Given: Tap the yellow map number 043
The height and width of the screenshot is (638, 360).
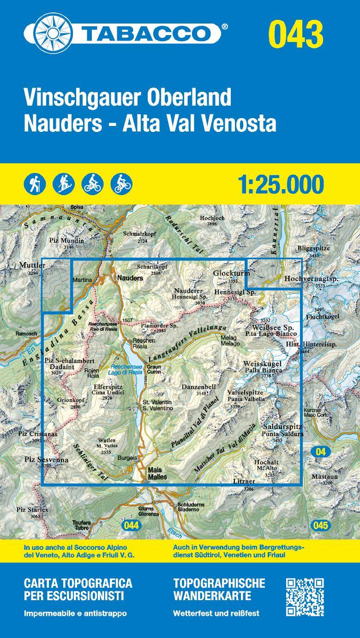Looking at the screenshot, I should [296, 34].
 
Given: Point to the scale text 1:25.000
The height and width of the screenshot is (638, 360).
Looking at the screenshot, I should [281, 185].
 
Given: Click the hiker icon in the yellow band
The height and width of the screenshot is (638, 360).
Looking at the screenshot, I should [35, 184].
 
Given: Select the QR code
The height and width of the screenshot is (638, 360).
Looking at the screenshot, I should [305, 597].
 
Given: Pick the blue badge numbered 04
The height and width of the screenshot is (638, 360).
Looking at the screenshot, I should [320, 452].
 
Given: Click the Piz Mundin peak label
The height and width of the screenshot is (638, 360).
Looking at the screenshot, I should [66, 240].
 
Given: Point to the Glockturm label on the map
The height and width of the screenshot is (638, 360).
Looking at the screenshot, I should [231, 274].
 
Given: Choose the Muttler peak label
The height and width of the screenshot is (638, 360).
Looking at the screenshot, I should [32, 266].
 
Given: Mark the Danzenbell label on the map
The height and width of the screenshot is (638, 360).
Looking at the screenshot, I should [199, 387].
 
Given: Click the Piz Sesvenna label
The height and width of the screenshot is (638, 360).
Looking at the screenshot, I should [46, 459].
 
